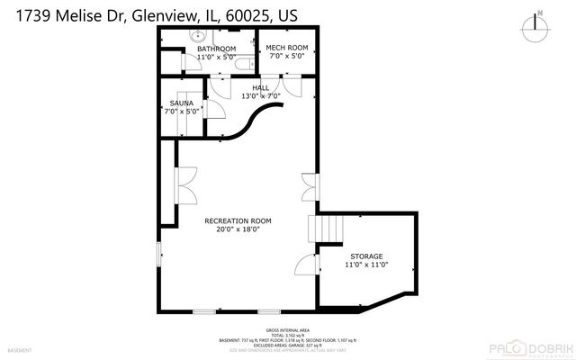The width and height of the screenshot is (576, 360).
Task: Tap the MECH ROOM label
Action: [x=286, y=48]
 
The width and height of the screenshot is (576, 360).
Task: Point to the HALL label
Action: [x=260, y=87]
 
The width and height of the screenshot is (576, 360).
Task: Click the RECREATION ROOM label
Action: [x=238, y=220]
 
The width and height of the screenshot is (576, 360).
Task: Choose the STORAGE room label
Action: [x=365, y=256]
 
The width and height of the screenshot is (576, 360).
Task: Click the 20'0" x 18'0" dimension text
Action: [x=238, y=229]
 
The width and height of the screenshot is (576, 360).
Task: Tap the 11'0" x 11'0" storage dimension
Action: [x=365, y=265]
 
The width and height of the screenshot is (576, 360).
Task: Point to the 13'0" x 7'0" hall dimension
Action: [x=260, y=96]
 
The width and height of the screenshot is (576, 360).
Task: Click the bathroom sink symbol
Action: [x=198, y=36]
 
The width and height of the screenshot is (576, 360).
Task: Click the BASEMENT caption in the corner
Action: [x=19, y=350]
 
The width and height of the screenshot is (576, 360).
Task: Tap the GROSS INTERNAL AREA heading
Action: [x=287, y=330]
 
